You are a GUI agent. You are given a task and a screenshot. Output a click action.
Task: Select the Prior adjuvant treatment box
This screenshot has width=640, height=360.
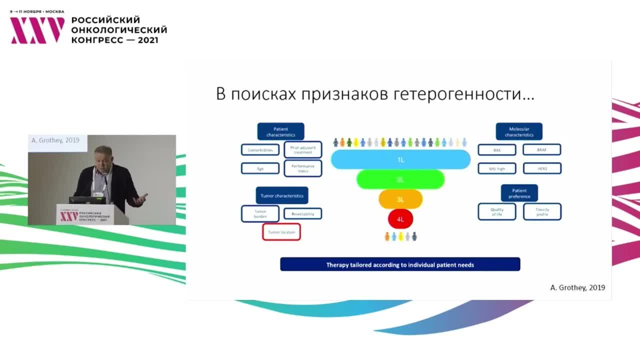point(302,149)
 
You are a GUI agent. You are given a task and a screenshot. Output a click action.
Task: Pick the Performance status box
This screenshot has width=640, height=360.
point(302,168)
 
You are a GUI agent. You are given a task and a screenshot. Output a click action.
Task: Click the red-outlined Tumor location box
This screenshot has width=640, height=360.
point(281,232)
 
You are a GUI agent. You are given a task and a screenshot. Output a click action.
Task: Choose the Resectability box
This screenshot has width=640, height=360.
point(302,213)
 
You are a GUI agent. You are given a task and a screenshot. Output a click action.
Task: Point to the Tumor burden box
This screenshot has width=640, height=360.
point(259,213)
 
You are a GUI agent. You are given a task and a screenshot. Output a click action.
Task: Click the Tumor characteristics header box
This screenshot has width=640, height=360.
point(281,195)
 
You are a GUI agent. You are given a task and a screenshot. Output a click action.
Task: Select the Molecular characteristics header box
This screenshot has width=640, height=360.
point(518,131)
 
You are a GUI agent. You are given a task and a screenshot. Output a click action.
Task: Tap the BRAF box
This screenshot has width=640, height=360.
point(542,149)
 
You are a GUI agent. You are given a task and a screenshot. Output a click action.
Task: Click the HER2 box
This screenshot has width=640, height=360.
point(542,168)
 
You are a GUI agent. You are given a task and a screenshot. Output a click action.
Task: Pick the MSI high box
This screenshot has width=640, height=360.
point(496,168)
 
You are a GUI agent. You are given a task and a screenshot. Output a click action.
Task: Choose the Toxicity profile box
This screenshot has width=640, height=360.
point(542,211)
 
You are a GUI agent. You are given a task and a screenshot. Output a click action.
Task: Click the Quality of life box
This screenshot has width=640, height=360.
point(496,211)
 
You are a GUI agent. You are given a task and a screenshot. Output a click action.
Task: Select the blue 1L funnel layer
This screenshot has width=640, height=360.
point(400,159)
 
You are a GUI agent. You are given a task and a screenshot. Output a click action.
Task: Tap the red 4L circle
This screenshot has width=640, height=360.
point(400,219)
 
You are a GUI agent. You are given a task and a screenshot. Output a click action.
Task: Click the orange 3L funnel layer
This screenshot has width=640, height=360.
point(400,199)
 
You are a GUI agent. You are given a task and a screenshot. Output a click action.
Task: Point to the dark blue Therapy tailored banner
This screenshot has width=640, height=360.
point(400,264)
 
